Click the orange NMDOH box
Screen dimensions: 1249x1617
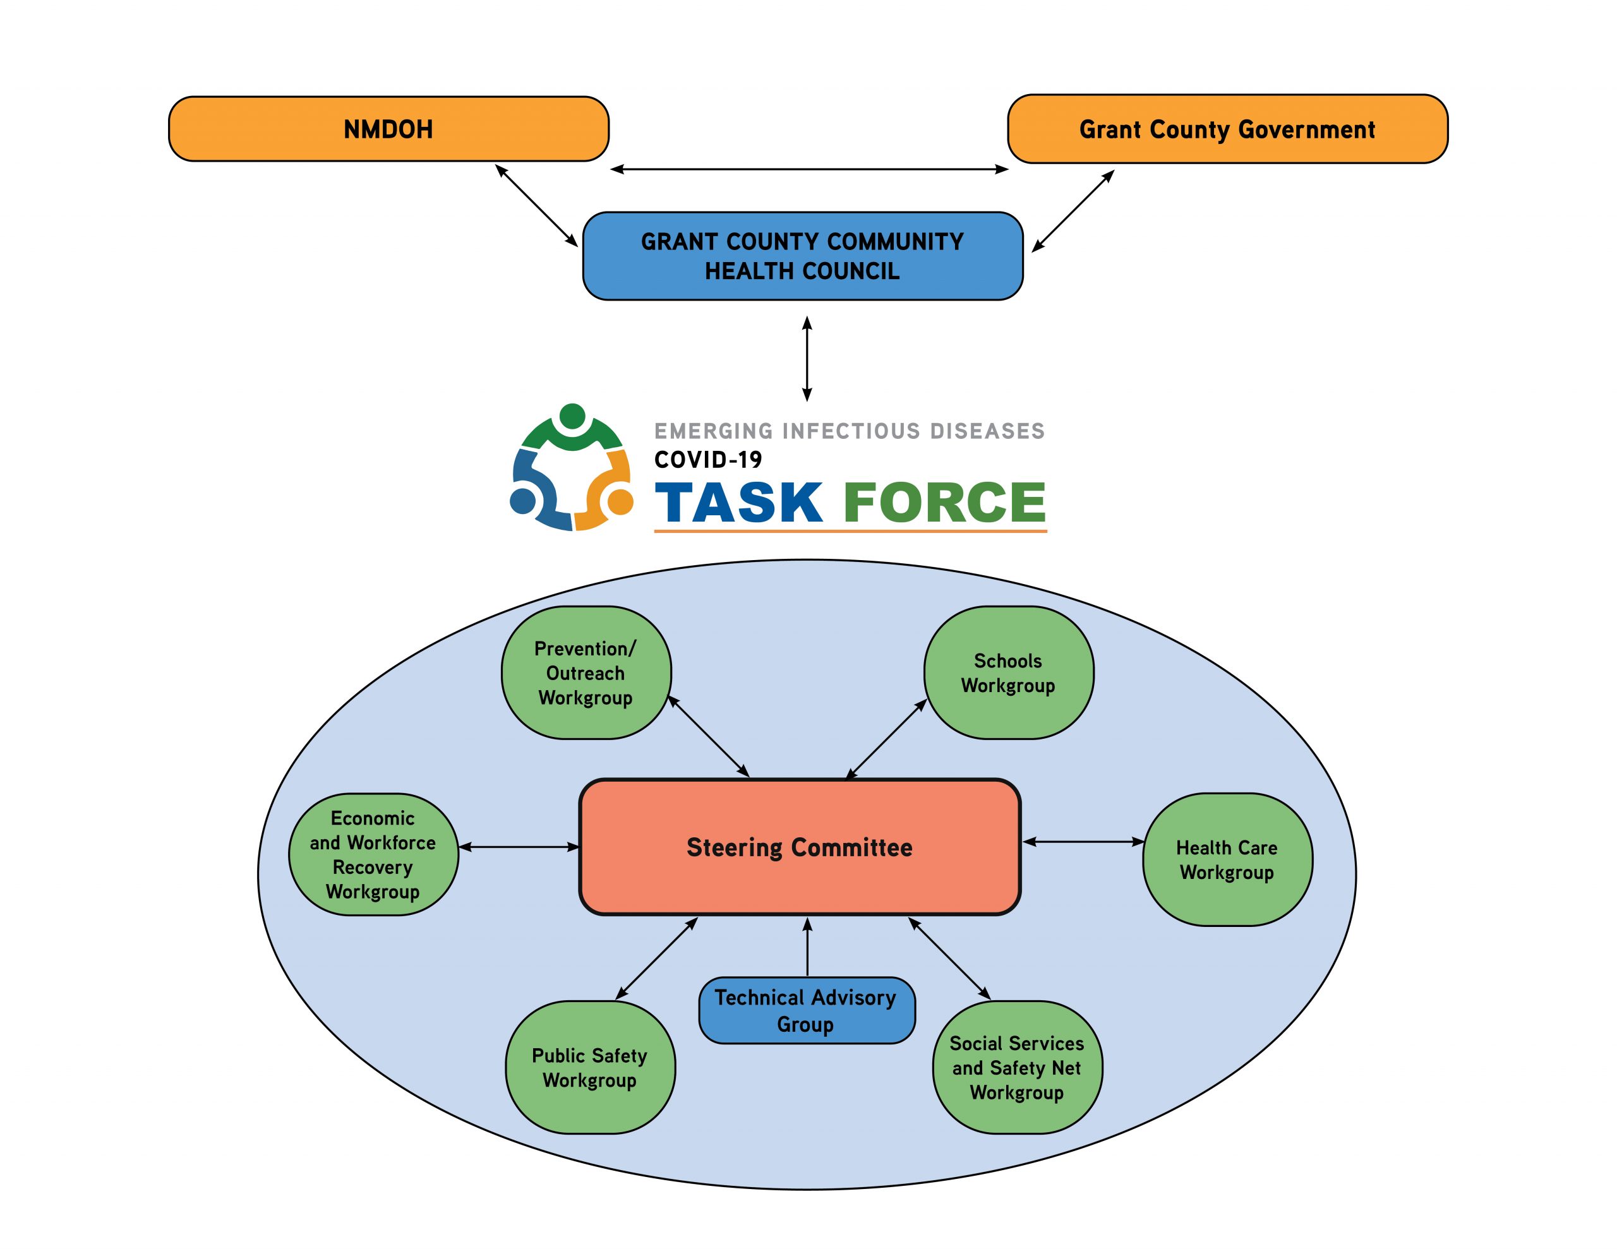pos(388,129)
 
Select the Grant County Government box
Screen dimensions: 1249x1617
pos(1227,129)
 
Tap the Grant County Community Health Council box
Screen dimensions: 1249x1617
pos(803,256)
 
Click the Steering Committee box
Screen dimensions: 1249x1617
pos(800,847)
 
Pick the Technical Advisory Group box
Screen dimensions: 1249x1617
pos(806,1010)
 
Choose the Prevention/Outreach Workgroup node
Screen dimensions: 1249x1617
pos(586,673)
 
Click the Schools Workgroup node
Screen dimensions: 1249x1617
pos(1008,673)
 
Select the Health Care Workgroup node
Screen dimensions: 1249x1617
pos(1227,859)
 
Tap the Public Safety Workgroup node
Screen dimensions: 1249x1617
pos(590,1067)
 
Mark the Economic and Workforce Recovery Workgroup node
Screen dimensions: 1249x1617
pos(373,854)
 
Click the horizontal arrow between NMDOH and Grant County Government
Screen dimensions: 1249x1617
pos(808,170)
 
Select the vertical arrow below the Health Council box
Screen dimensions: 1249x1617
pos(807,359)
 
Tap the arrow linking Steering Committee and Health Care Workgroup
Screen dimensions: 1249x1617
pos(1083,842)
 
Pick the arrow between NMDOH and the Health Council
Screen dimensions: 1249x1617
pos(536,205)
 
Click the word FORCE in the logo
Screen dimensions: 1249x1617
pos(944,502)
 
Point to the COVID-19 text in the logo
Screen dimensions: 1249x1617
pos(708,460)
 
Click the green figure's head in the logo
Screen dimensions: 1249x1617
pos(572,415)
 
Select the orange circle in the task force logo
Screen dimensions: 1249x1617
pos(620,502)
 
